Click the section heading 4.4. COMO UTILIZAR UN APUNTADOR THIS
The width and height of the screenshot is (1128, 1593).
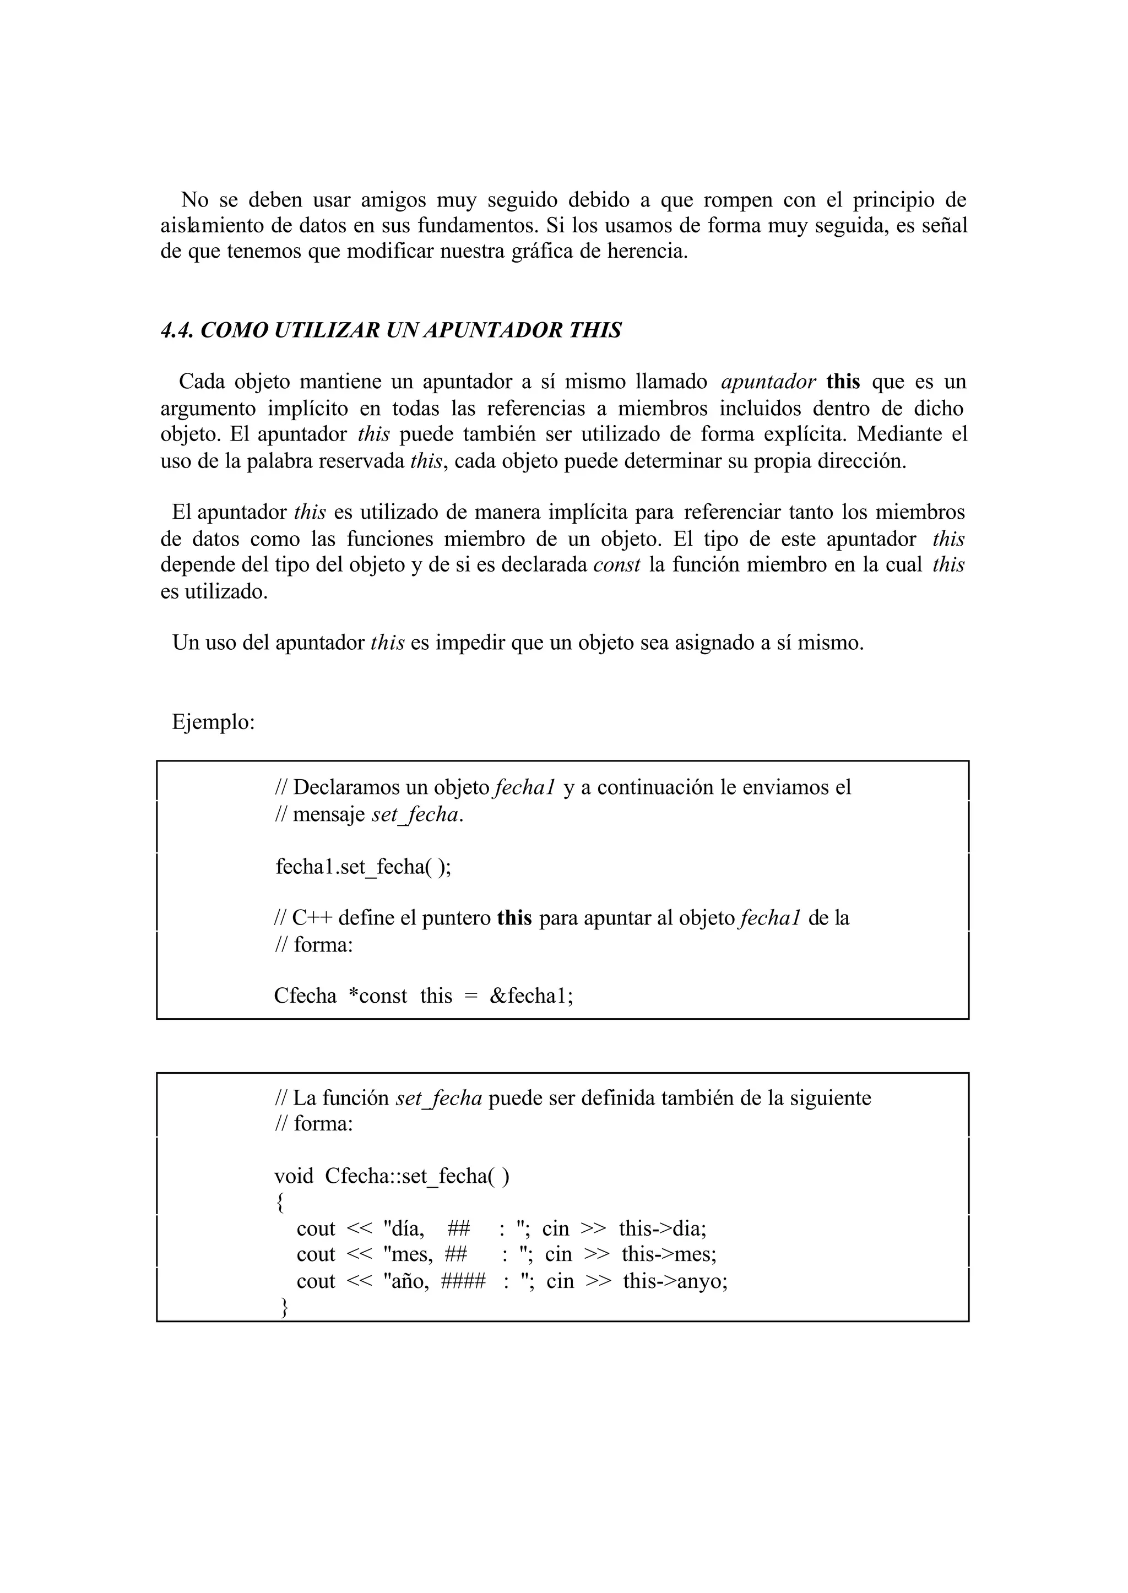coord(391,330)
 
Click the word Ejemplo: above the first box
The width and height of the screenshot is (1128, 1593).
coord(213,722)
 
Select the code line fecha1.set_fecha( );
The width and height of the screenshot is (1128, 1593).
coord(362,867)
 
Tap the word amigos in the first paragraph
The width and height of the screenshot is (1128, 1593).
coord(393,200)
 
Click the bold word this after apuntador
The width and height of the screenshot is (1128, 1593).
coord(843,382)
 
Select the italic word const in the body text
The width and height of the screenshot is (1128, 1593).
coord(616,566)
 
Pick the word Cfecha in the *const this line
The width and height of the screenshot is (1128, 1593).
coord(305,996)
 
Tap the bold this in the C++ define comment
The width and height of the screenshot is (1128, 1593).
coord(514,918)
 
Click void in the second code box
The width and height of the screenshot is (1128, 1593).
coord(294,1176)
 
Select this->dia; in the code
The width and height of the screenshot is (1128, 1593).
coord(662,1228)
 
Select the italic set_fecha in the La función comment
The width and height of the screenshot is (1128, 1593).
coord(438,1099)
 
